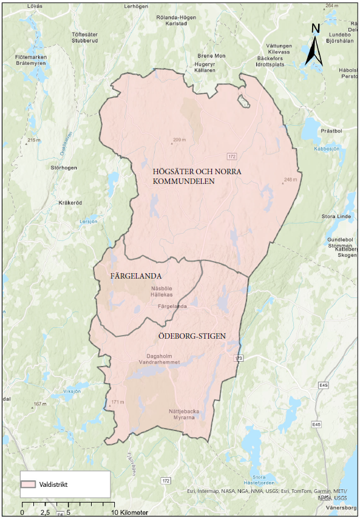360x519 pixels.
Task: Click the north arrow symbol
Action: click(x=314, y=45)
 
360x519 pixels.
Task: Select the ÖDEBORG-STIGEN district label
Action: click(x=175, y=335)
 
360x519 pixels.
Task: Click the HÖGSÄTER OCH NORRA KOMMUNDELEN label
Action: click(x=197, y=177)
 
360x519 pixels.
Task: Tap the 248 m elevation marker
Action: click(x=290, y=180)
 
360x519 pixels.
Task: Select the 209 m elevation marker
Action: click(x=178, y=140)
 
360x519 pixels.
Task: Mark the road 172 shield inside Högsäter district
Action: click(x=232, y=156)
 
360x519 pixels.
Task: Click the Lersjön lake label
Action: click(x=88, y=222)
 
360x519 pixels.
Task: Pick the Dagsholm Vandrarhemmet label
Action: click(x=164, y=360)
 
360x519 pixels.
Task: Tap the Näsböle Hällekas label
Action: click(x=162, y=291)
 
